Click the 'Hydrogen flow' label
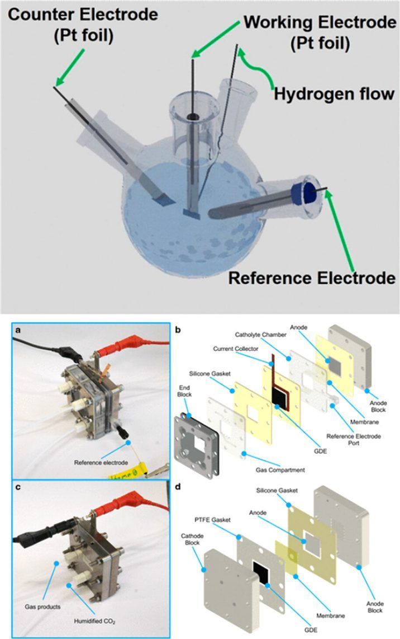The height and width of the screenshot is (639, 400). click(334, 94)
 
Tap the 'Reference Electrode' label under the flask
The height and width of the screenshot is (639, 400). click(312, 278)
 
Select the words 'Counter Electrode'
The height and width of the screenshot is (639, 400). click(83, 15)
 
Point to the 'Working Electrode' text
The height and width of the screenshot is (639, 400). click(320, 22)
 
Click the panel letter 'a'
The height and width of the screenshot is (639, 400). click(17, 330)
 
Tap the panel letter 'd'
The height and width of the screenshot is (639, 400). click(178, 487)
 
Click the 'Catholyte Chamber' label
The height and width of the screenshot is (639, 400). click(260, 335)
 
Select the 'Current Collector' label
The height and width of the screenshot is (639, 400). click(235, 349)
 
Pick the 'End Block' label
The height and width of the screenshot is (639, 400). click(184, 391)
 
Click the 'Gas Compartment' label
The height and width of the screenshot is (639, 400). click(280, 470)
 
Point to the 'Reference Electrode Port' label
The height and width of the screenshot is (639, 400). click(354, 439)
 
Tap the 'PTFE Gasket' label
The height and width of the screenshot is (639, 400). click(213, 520)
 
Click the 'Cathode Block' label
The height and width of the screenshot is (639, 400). click(192, 539)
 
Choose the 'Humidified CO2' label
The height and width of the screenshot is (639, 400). click(94, 622)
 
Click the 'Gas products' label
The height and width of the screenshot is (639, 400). click(42, 607)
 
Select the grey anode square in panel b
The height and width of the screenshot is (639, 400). click(332, 363)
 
